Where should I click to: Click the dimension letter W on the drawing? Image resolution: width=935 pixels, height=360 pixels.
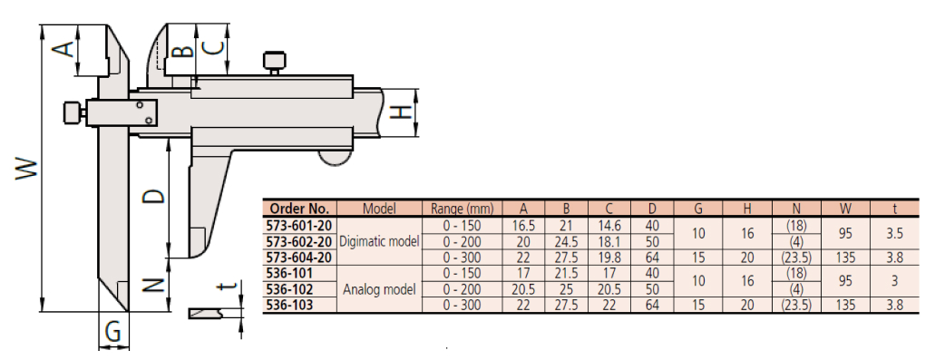pyautogui.click(x=26, y=169)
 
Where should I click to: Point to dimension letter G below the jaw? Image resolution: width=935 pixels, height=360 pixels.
pyautogui.click(x=113, y=331)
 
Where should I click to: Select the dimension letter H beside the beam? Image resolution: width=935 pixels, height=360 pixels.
pyautogui.click(x=402, y=112)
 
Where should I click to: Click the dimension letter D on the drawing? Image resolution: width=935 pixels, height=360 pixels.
pyautogui.click(x=154, y=196)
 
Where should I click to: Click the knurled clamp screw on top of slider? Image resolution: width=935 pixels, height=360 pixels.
pyautogui.click(x=274, y=63)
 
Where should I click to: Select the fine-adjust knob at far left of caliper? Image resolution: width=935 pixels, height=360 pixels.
pyautogui.click(x=73, y=112)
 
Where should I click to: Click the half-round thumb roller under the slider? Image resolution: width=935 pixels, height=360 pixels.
pyautogui.click(x=334, y=158)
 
